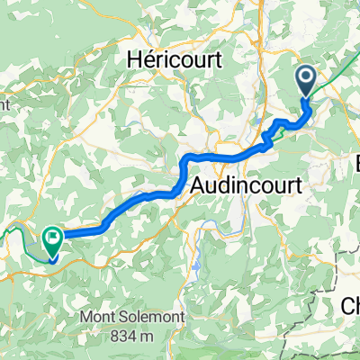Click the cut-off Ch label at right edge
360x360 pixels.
(x=351, y=305)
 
